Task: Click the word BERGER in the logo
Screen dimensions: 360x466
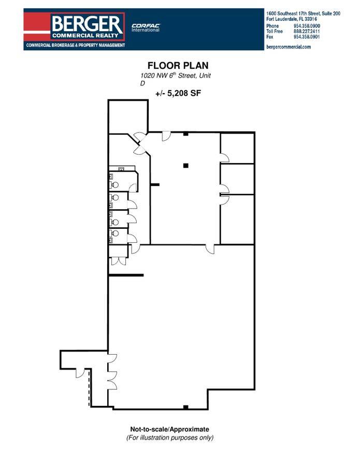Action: [x=87, y=23]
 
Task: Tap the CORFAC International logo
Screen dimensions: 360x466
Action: [x=146, y=27]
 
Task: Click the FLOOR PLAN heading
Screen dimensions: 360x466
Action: [x=178, y=65]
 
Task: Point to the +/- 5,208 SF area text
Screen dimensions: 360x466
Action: [x=178, y=93]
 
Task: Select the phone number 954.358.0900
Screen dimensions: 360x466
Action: [x=307, y=26]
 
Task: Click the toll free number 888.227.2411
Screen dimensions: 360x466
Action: [x=307, y=31]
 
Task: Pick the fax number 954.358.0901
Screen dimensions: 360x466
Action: [x=307, y=37]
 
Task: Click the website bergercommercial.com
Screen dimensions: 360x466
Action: [x=289, y=47]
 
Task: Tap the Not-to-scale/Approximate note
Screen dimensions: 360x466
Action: [x=169, y=429]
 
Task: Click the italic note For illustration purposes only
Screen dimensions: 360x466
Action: [x=170, y=438]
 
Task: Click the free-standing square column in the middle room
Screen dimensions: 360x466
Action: [x=186, y=166]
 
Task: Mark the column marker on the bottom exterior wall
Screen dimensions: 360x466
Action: [x=185, y=407]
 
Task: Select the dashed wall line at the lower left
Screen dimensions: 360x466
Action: [x=89, y=388]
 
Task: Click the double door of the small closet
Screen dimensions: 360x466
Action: [x=118, y=261]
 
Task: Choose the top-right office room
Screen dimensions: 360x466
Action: [x=237, y=148]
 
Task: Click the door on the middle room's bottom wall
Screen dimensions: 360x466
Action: [x=210, y=249]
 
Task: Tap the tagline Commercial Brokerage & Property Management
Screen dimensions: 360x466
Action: [x=76, y=45]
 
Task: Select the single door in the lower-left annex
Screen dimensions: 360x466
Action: [x=81, y=373]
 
